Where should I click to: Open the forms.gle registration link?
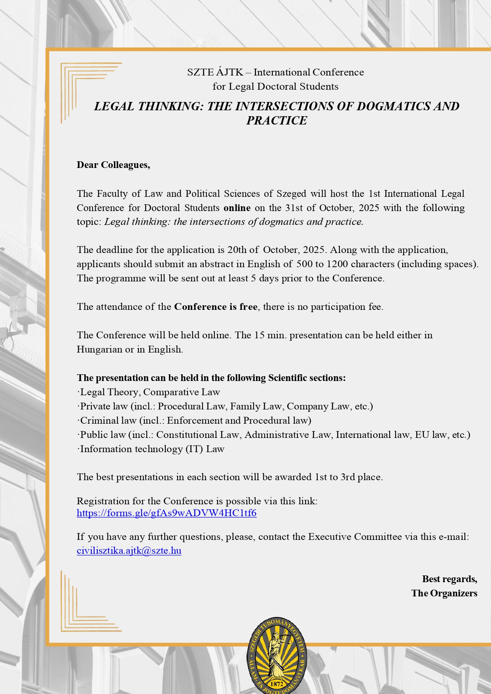[x=167, y=513]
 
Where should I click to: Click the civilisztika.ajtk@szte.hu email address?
[x=129, y=551]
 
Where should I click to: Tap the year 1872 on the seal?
[x=277, y=683]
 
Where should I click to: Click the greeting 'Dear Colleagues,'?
[x=114, y=165]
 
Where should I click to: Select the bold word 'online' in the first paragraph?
[x=237, y=208]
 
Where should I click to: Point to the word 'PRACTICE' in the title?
[x=277, y=121]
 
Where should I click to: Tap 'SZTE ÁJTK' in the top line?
[x=215, y=72]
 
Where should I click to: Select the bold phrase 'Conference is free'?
[x=216, y=307]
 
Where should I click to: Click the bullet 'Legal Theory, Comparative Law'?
[x=150, y=392]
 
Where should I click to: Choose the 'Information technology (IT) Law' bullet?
[x=152, y=449]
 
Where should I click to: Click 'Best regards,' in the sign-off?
[x=449, y=579]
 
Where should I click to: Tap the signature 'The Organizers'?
[x=444, y=593]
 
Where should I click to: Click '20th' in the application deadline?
[x=237, y=250]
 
